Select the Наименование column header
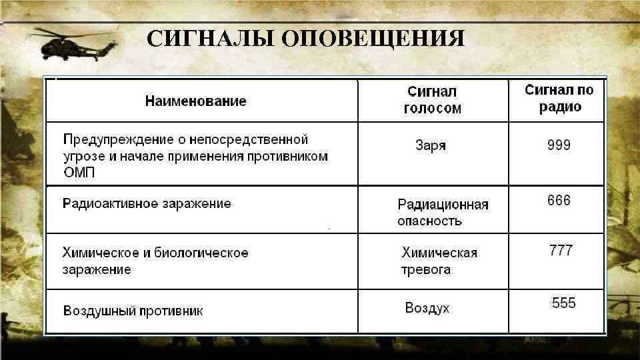[195, 101]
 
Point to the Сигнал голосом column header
[432, 100]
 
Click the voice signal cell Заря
[430, 145]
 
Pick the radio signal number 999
[559, 145]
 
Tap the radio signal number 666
[559, 200]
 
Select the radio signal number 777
[560, 251]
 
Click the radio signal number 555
[563, 303]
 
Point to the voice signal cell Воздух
[427, 308]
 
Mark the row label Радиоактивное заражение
[147, 203]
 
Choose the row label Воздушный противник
[133, 311]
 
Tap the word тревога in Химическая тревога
[425, 270]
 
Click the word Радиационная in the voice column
[443, 204]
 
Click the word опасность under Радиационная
[429, 221]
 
